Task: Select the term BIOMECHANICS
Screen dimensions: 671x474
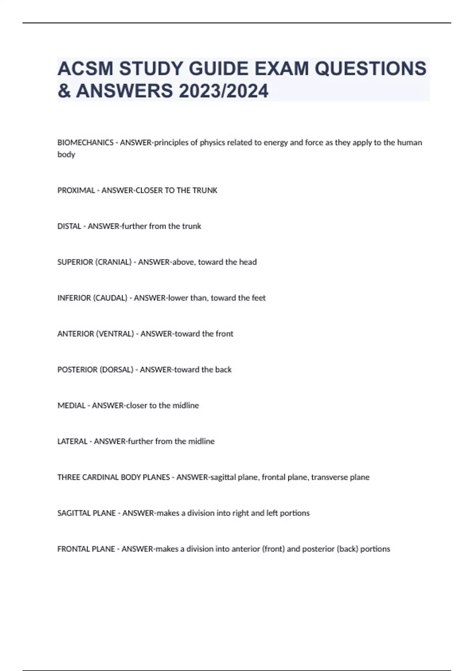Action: tap(85, 142)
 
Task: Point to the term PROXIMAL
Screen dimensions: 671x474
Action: tap(76, 190)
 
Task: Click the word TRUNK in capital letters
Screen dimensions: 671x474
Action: tap(205, 190)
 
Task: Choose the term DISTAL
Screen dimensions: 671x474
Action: tap(69, 226)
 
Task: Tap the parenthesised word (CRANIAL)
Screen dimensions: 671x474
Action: tap(113, 262)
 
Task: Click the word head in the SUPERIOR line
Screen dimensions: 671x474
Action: tap(248, 262)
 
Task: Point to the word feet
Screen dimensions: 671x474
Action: tap(259, 298)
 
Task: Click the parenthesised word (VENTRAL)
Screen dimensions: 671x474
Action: tap(115, 334)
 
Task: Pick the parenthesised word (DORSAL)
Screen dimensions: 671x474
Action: tap(116, 370)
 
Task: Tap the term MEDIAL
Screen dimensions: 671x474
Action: tap(71, 405)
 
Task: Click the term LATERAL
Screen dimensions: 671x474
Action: tap(72, 441)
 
